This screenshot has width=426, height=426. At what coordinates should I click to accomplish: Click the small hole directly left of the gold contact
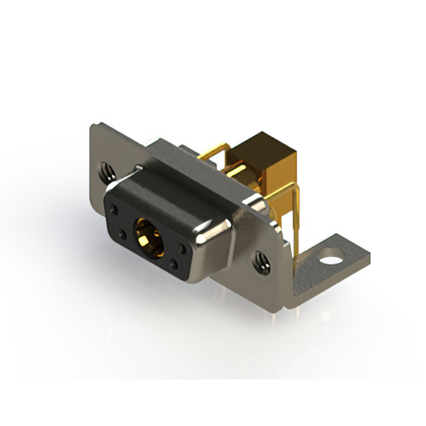(x=124, y=234)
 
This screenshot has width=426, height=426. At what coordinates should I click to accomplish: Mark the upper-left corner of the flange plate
(x=93, y=126)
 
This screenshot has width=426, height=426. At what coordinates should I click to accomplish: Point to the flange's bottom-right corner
(x=288, y=303)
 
